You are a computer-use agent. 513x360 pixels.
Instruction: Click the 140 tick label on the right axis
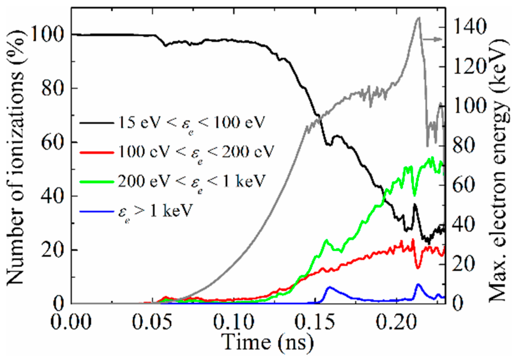coord(470,27)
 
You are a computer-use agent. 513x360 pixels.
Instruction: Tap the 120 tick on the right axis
coord(470,67)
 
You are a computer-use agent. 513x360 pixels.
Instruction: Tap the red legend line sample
coord(96,152)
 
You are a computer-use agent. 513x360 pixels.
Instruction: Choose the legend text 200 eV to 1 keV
coord(191,182)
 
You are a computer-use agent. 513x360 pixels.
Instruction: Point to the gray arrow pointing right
coord(432,39)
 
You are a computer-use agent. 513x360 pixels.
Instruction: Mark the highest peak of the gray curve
coord(419,18)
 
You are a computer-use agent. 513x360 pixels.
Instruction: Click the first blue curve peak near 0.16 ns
coord(330,287)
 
